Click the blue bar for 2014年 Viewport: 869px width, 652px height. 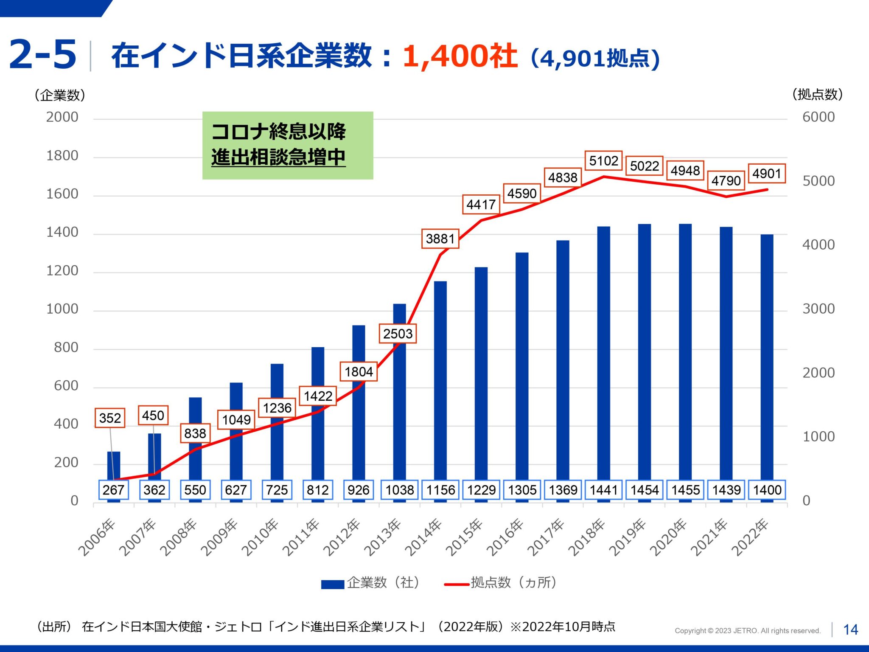[x=440, y=382]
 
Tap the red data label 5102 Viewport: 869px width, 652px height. [x=603, y=161]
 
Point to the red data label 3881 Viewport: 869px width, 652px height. [x=440, y=239]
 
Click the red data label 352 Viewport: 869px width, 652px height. [x=110, y=418]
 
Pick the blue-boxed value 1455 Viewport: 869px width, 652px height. [x=685, y=490]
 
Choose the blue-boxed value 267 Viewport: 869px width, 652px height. [x=113, y=490]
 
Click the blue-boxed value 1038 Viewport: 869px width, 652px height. [x=399, y=490]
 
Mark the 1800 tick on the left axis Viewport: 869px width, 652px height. [x=62, y=156]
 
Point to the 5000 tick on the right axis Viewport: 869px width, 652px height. [x=818, y=181]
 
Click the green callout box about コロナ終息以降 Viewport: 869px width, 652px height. [x=288, y=145]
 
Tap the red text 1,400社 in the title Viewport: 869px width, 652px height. [x=460, y=56]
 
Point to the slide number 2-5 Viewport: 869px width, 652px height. [x=42, y=54]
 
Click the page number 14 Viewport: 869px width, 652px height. [x=850, y=630]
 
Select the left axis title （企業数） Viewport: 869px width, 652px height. [x=60, y=95]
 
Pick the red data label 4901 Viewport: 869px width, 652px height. [x=766, y=174]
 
